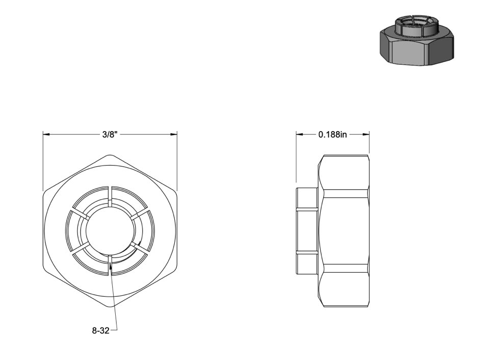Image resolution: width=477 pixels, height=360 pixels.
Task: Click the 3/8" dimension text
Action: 110,135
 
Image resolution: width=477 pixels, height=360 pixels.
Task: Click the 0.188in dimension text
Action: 332,134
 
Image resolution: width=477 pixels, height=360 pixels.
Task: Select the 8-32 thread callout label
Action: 101,330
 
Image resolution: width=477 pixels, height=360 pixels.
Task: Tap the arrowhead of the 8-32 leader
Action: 111,266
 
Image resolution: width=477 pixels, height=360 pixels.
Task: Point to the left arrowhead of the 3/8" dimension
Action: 46,134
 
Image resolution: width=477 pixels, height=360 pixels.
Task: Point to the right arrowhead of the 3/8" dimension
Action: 174,134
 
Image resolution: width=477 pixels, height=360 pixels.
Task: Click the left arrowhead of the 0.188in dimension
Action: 300,134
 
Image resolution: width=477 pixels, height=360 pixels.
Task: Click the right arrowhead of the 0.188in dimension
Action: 366,134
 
